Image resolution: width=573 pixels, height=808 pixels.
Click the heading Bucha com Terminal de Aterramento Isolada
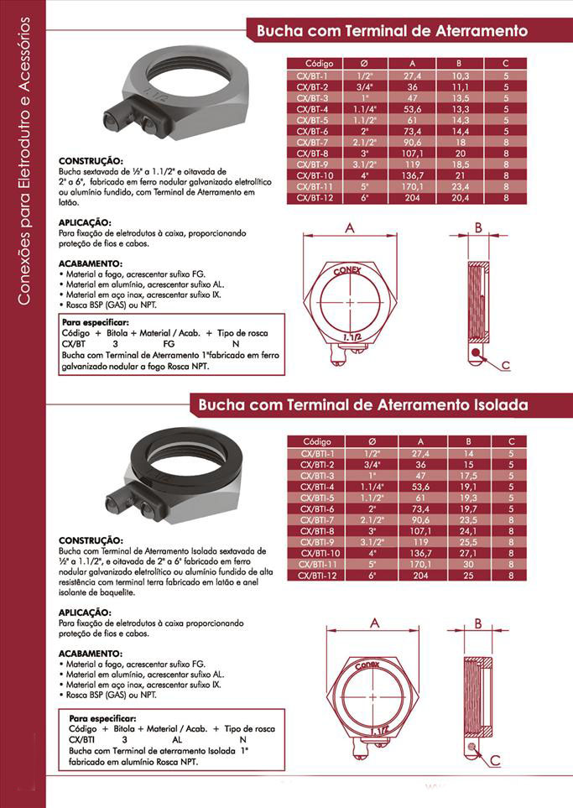pos(362,405)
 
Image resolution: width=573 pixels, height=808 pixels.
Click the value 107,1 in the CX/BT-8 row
pos(412,154)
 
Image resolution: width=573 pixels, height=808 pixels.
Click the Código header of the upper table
pos(319,64)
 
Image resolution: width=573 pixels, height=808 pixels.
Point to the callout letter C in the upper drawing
pos(506,364)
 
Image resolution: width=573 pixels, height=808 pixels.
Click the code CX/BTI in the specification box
pos(81,740)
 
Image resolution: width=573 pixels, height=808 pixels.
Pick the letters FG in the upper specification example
pos(168,344)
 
